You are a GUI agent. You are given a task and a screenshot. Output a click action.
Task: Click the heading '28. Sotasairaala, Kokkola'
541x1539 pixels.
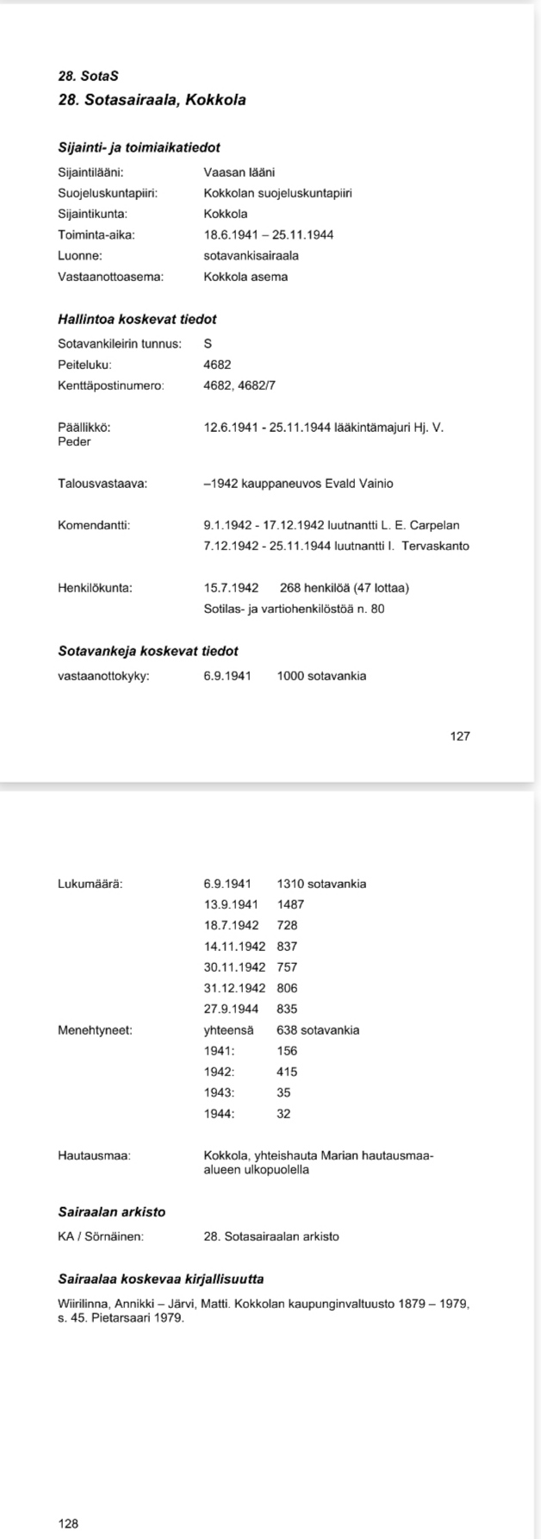152,100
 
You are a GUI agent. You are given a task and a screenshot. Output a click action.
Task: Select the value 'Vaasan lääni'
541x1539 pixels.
239,172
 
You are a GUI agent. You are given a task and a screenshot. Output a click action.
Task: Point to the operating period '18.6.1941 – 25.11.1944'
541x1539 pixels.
269,235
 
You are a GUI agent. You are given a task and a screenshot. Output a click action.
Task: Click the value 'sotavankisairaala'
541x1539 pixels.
251,256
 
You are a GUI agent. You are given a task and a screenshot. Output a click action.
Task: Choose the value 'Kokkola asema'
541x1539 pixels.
246,277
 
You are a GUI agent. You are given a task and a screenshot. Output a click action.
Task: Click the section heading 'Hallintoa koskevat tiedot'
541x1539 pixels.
137,320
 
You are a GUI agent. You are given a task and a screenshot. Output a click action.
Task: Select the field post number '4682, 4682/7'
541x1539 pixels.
239,385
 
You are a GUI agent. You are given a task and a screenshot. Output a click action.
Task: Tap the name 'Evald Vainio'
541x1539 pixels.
358,484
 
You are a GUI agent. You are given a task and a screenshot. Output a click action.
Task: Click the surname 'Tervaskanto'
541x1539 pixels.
435,546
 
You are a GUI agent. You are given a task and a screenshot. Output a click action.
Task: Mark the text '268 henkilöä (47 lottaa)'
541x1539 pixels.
345,588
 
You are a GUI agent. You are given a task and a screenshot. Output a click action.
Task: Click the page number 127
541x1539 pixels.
460,736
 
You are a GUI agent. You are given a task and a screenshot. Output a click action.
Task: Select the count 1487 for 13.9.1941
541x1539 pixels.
290,904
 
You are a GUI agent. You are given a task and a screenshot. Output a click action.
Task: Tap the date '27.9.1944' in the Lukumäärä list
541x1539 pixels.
227,1009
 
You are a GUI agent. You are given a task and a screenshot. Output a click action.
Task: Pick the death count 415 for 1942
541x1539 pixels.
287,1072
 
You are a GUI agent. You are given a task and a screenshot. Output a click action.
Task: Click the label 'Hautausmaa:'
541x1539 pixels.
95,1154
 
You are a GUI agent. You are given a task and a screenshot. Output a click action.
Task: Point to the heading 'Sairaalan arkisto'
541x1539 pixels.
111,1212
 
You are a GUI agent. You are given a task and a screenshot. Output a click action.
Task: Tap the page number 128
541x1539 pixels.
68,1523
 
